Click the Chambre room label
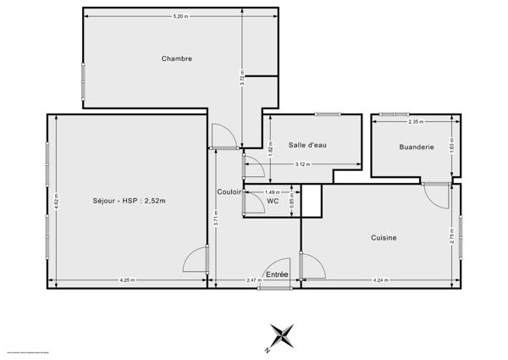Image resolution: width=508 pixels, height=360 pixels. click(x=177, y=58)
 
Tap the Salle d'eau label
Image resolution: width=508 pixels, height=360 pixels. click(x=307, y=146)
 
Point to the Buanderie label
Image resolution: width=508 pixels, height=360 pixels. click(x=417, y=147)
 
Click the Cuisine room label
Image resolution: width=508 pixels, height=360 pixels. click(x=384, y=238)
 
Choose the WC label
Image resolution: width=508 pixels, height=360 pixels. click(x=273, y=201)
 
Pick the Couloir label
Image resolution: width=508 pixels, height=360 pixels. click(x=229, y=192)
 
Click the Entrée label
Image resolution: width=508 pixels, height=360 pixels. click(x=277, y=274)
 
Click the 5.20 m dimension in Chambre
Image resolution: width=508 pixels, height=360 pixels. click(x=179, y=17)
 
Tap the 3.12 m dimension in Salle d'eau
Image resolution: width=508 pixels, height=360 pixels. click(x=301, y=164)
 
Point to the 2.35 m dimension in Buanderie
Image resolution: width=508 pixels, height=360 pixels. click(x=416, y=122)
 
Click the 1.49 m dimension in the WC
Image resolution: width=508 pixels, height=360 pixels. click(x=272, y=191)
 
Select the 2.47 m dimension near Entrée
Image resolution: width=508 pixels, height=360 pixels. click(x=252, y=280)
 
